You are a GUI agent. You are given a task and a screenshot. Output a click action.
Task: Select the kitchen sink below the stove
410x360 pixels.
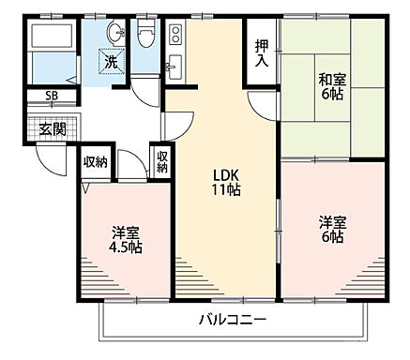[174, 68]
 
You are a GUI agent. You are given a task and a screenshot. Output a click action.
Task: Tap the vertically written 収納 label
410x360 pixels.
[160, 162]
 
